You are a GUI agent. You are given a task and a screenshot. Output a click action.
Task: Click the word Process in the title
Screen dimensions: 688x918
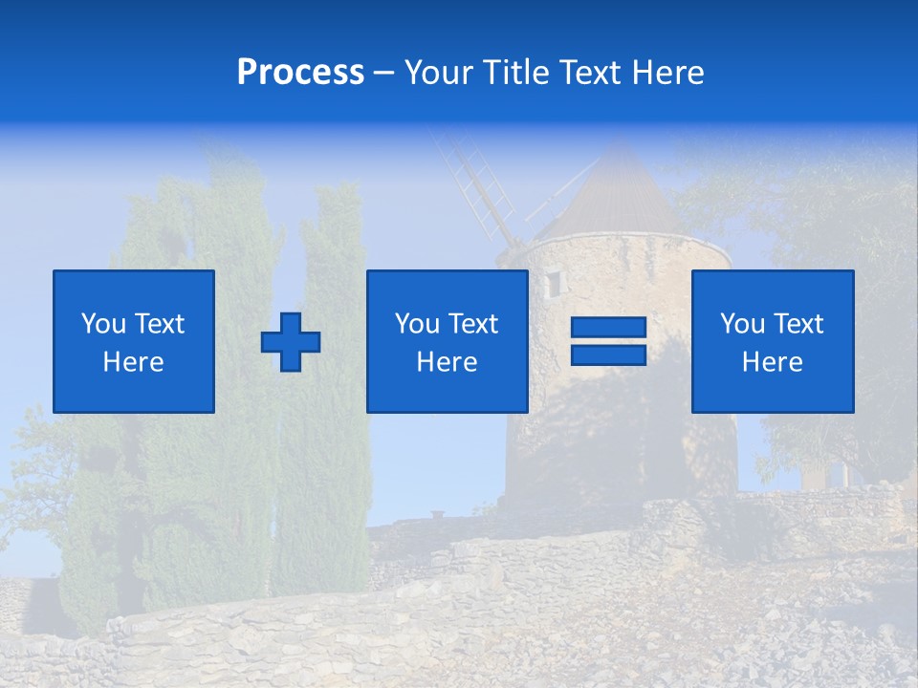(x=300, y=73)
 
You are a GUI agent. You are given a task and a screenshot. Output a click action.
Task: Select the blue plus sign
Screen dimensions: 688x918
(x=291, y=341)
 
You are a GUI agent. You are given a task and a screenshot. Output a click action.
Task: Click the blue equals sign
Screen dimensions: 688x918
(x=608, y=341)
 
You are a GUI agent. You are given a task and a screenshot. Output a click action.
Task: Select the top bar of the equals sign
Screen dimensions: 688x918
(x=608, y=328)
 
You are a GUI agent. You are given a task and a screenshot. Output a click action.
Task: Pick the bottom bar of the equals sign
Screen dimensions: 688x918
(x=608, y=355)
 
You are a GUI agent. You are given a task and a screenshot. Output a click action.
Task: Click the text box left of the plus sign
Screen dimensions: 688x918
(x=134, y=341)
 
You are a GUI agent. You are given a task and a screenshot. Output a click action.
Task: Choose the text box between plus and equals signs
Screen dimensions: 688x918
(x=447, y=341)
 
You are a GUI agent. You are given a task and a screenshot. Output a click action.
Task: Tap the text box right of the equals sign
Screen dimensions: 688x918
(x=773, y=341)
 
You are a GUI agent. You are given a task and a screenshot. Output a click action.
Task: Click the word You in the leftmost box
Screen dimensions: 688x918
(x=102, y=324)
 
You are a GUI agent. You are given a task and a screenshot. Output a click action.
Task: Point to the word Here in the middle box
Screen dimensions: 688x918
(x=447, y=362)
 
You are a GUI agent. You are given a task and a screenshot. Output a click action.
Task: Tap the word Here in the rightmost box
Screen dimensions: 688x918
(x=773, y=362)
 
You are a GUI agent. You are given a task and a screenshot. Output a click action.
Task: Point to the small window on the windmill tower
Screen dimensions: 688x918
(x=553, y=284)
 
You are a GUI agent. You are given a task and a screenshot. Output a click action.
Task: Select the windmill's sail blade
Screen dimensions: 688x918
(x=473, y=186)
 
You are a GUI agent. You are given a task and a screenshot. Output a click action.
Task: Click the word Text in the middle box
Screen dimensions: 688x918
(x=472, y=324)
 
